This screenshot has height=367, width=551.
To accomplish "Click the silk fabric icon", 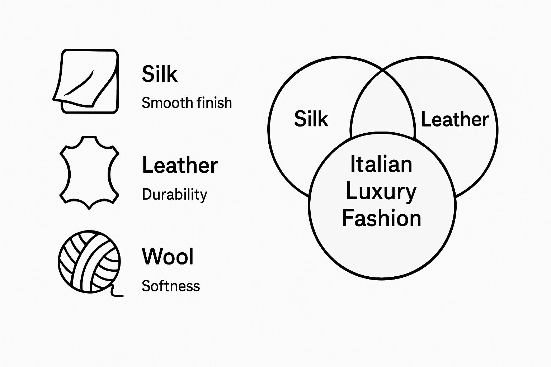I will tap(86, 81).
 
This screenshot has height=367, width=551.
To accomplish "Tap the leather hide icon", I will tap(89, 172).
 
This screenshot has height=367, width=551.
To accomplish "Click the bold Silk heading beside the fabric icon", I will tap(160, 74).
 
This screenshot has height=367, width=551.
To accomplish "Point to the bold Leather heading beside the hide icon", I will tap(180, 165).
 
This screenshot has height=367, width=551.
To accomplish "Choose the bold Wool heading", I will tap(168, 257).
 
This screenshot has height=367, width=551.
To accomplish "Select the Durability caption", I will tap(174, 195).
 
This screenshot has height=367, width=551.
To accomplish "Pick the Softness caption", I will tap(171, 286).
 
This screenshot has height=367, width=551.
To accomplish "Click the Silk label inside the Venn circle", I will tap(311, 119).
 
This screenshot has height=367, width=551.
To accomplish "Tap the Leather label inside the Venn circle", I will tap(455, 119).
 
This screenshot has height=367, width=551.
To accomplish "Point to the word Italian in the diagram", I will tap(381, 164).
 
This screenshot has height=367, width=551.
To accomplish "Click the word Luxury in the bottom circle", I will tap(381, 192).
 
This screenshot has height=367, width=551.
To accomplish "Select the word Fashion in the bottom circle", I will tap(381, 219).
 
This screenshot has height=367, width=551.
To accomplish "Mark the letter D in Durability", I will tap(146, 195).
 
